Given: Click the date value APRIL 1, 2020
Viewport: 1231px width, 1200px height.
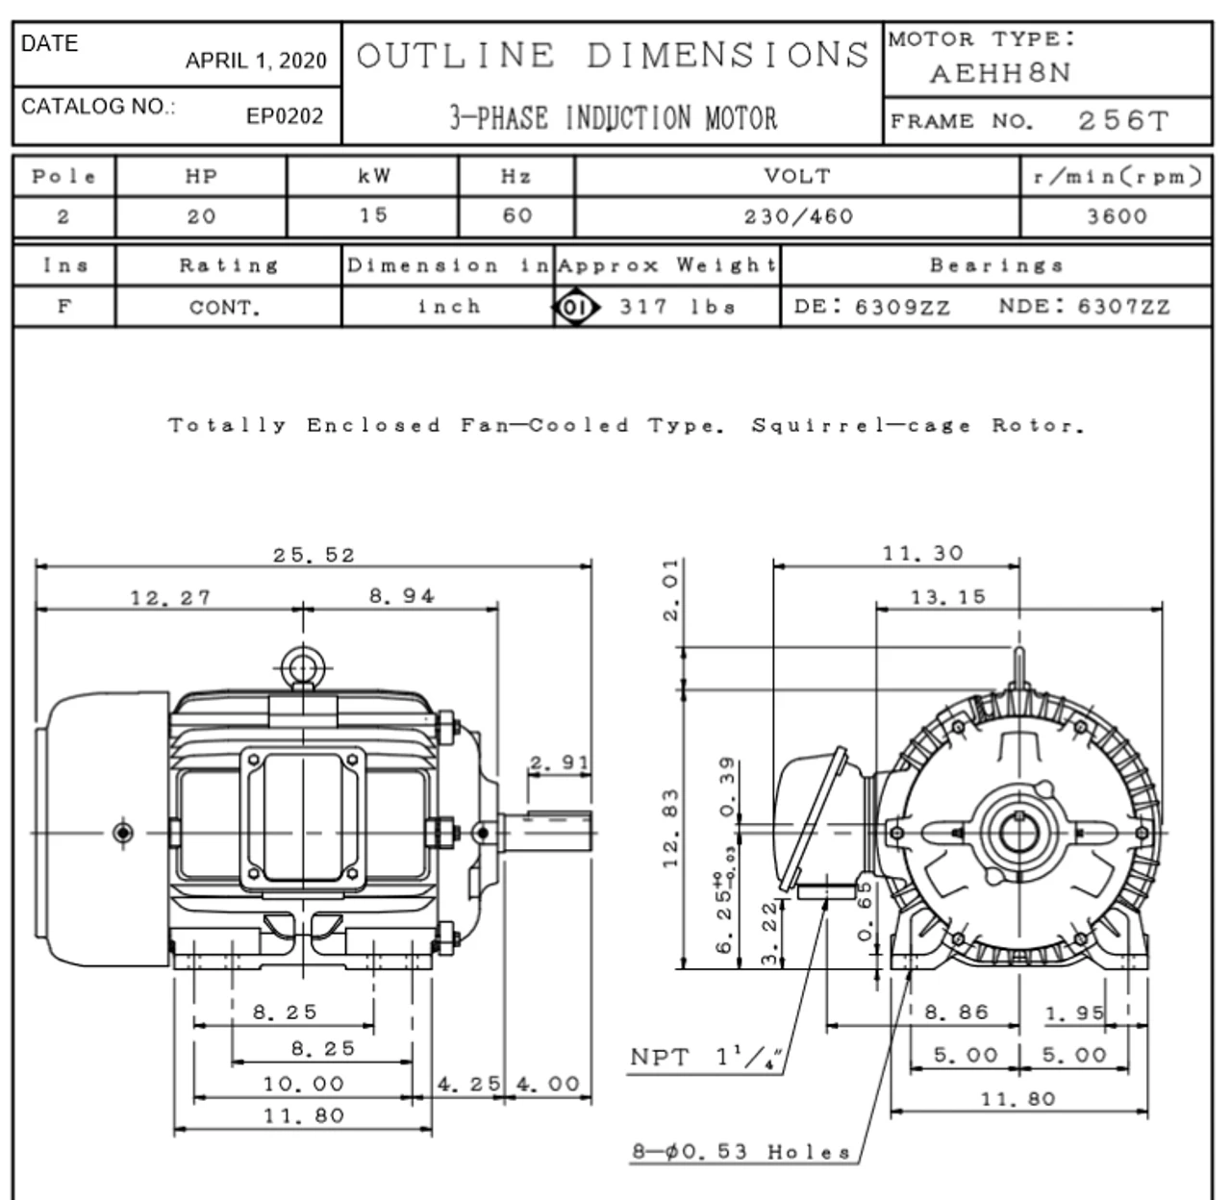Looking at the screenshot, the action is [x=256, y=61].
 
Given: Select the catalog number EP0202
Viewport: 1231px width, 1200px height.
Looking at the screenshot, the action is [x=284, y=116].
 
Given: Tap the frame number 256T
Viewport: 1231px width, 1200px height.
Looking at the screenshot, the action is [x=1123, y=121].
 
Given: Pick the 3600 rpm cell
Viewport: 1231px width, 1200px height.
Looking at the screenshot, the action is [x=1118, y=217].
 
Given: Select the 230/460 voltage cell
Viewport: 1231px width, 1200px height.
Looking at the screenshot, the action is [x=798, y=217].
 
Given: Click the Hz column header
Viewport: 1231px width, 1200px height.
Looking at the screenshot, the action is [x=516, y=176].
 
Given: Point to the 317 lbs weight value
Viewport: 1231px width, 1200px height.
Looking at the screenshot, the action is [x=677, y=307].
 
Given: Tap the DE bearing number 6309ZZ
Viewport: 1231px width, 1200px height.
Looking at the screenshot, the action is [x=903, y=307].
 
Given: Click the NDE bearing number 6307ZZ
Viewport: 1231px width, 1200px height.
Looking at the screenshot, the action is [x=1123, y=307].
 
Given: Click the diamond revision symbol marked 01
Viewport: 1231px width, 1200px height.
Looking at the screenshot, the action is [x=576, y=308].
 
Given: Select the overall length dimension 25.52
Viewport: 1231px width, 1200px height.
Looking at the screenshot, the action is [x=314, y=555].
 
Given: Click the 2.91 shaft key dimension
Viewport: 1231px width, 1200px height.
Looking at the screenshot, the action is [x=559, y=762].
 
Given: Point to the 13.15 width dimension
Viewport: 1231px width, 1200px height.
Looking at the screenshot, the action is [x=947, y=596].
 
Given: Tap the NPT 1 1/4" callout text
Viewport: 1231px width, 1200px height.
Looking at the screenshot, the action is [x=706, y=1057].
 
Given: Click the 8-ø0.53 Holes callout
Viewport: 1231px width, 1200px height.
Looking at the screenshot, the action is [x=741, y=1151].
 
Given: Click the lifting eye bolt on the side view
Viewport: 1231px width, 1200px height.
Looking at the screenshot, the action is [x=303, y=668].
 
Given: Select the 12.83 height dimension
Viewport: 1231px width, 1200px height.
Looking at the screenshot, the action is [x=670, y=829].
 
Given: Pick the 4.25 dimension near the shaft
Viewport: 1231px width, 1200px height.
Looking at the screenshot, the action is [x=468, y=1085].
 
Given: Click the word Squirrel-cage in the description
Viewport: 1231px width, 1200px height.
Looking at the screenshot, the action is [x=861, y=426].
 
